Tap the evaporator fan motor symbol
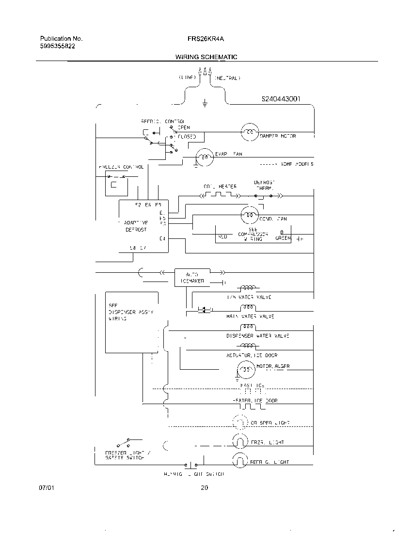pyautogui.click(x=205, y=157)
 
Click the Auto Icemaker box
pyautogui.click(x=192, y=277)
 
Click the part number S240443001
pyautogui.click(x=281, y=99)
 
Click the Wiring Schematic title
pyautogui.click(x=206, y=57)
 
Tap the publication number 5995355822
pyautogui.click(x=57, y=46)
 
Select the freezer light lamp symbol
pyautogui.click(x=240, y=441)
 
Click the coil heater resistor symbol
pyautogui.click(x=220, y=195)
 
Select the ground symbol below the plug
pyautogui.click(x=205, y=102)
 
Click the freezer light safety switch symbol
pyautogui.click(x=122, y=443)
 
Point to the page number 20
pyautogui.click(x=204, y=488)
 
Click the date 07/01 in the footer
pyautogui.click(x=45, y=488)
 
